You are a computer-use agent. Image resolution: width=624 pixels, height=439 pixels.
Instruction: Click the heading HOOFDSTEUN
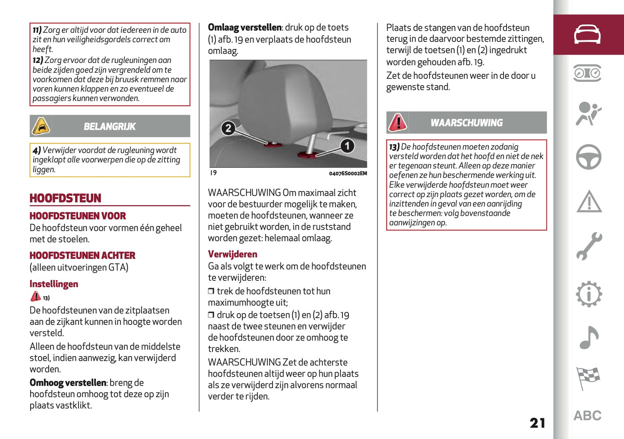point(65,198)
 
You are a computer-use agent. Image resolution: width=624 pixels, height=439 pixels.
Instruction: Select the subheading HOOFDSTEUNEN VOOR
point(78,216)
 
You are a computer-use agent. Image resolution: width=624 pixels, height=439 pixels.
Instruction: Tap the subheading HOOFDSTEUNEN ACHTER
point(82,256)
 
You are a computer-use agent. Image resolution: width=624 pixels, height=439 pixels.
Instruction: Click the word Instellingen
point(54,284)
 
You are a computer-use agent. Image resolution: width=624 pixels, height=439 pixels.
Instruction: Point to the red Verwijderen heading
point(233,254)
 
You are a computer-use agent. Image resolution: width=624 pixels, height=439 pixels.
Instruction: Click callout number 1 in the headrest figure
point(347,146)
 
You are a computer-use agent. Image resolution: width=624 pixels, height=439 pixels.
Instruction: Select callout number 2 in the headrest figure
point(228,128)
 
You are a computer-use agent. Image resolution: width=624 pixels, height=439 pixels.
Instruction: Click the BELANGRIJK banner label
point(110,127)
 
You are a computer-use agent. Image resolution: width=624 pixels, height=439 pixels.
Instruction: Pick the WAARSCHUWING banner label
point(466,123)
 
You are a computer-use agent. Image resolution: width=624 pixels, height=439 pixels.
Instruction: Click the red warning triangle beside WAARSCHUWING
point(398,122)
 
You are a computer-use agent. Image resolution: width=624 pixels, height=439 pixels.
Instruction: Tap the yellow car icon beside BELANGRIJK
point(41,126)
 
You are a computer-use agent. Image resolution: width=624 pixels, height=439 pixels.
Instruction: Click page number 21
point(538,423)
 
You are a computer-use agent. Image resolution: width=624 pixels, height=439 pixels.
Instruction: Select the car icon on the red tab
point(587,34)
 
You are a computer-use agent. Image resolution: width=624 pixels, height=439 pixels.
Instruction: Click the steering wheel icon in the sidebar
point(589,157)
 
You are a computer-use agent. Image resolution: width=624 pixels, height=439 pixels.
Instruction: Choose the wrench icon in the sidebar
point(589,247)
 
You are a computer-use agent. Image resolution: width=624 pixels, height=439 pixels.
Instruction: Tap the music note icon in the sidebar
point(589,337)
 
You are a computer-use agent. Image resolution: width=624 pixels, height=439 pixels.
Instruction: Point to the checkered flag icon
point(588,378)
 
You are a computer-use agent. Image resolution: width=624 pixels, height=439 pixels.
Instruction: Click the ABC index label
point(588,416)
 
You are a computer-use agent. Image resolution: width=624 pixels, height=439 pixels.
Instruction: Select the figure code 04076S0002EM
point(348,174)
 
